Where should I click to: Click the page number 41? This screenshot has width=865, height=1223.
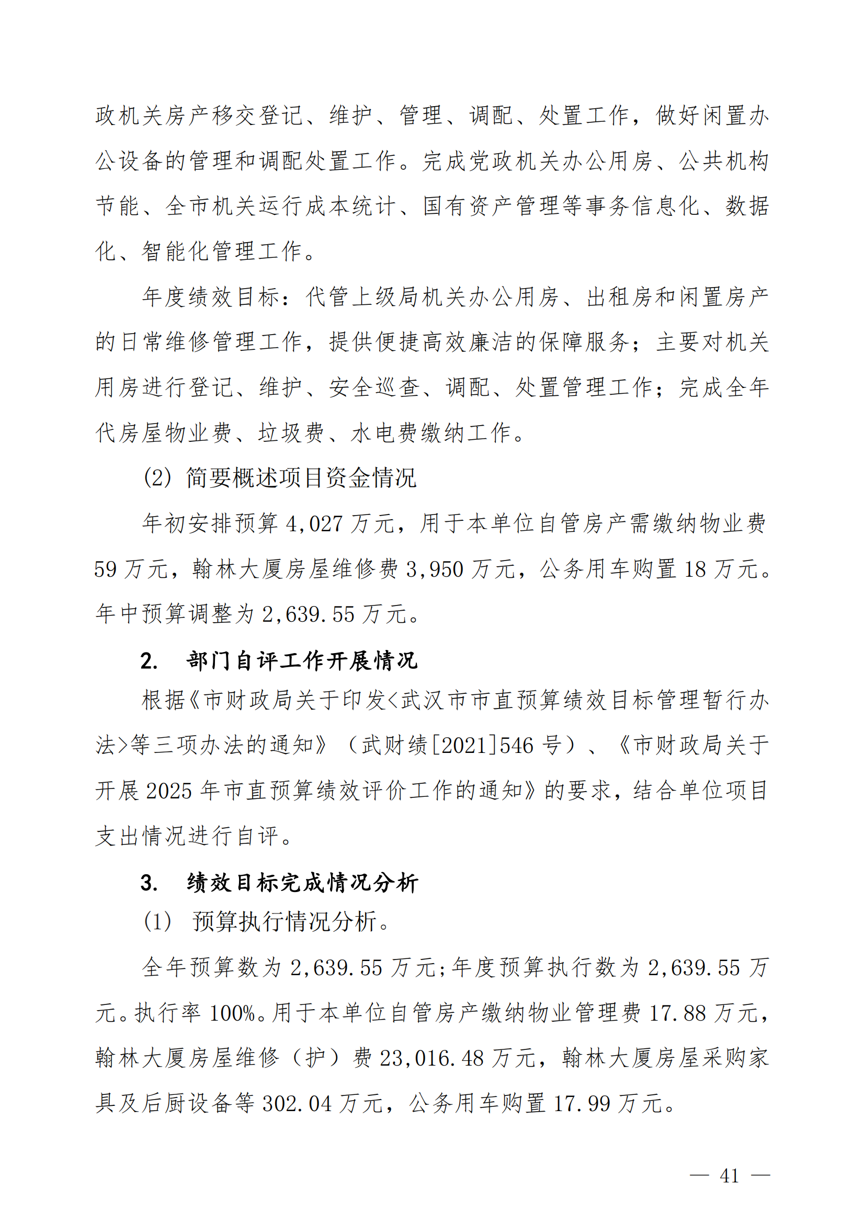point(729,1175)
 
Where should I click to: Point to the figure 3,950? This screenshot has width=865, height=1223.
point(434,569)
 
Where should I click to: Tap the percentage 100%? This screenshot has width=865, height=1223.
point(232,1013)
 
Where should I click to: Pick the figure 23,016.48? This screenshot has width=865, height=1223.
point(431,1058)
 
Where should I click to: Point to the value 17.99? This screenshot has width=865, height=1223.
point(582,1103)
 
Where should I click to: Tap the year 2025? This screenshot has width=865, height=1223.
point(169,791)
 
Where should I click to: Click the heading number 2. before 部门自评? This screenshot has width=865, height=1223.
point(149,661)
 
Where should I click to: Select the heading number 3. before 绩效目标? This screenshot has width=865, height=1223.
point(149,883)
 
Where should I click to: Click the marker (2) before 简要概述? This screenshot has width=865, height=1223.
point(157,477)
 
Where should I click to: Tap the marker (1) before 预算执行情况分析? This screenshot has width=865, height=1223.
point(157,921)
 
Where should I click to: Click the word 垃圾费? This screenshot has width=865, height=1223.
point(291,432)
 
